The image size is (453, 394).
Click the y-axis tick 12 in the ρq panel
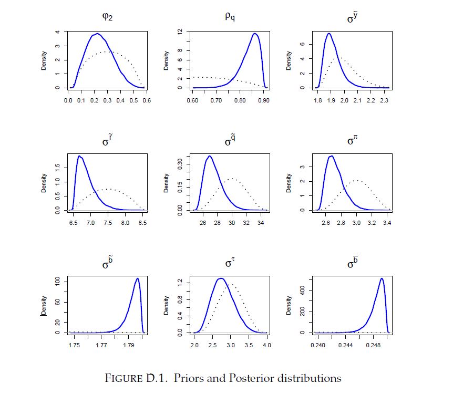(179, 32)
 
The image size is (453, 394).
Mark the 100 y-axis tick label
(58, 282)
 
